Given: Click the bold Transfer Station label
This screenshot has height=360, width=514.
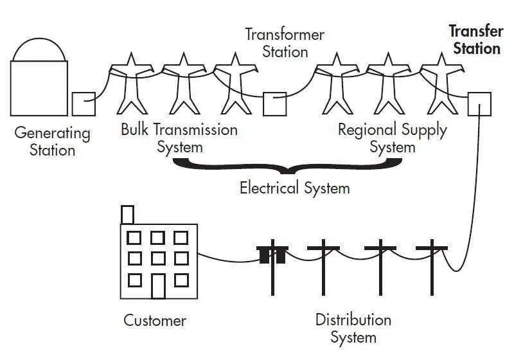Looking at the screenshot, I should coord(475,40).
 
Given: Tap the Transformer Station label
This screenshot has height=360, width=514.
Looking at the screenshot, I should coord(285,42).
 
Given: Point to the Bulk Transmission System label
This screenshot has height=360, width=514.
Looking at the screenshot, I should coord(179,138).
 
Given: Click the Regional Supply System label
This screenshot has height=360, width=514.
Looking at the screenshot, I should coord(393,138).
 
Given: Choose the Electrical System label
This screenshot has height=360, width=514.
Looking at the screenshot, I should coord(295,188).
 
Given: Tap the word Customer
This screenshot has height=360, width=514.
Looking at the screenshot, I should coord(155,320).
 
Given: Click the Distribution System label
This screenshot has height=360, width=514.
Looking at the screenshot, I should coord(353,328).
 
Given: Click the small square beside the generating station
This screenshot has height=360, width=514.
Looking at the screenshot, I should coord(84,104).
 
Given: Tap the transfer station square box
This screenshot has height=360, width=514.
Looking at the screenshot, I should coord(479,104).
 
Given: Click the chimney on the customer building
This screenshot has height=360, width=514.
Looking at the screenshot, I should coord(127,214).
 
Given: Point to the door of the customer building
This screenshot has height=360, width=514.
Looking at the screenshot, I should coord(158,285).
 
